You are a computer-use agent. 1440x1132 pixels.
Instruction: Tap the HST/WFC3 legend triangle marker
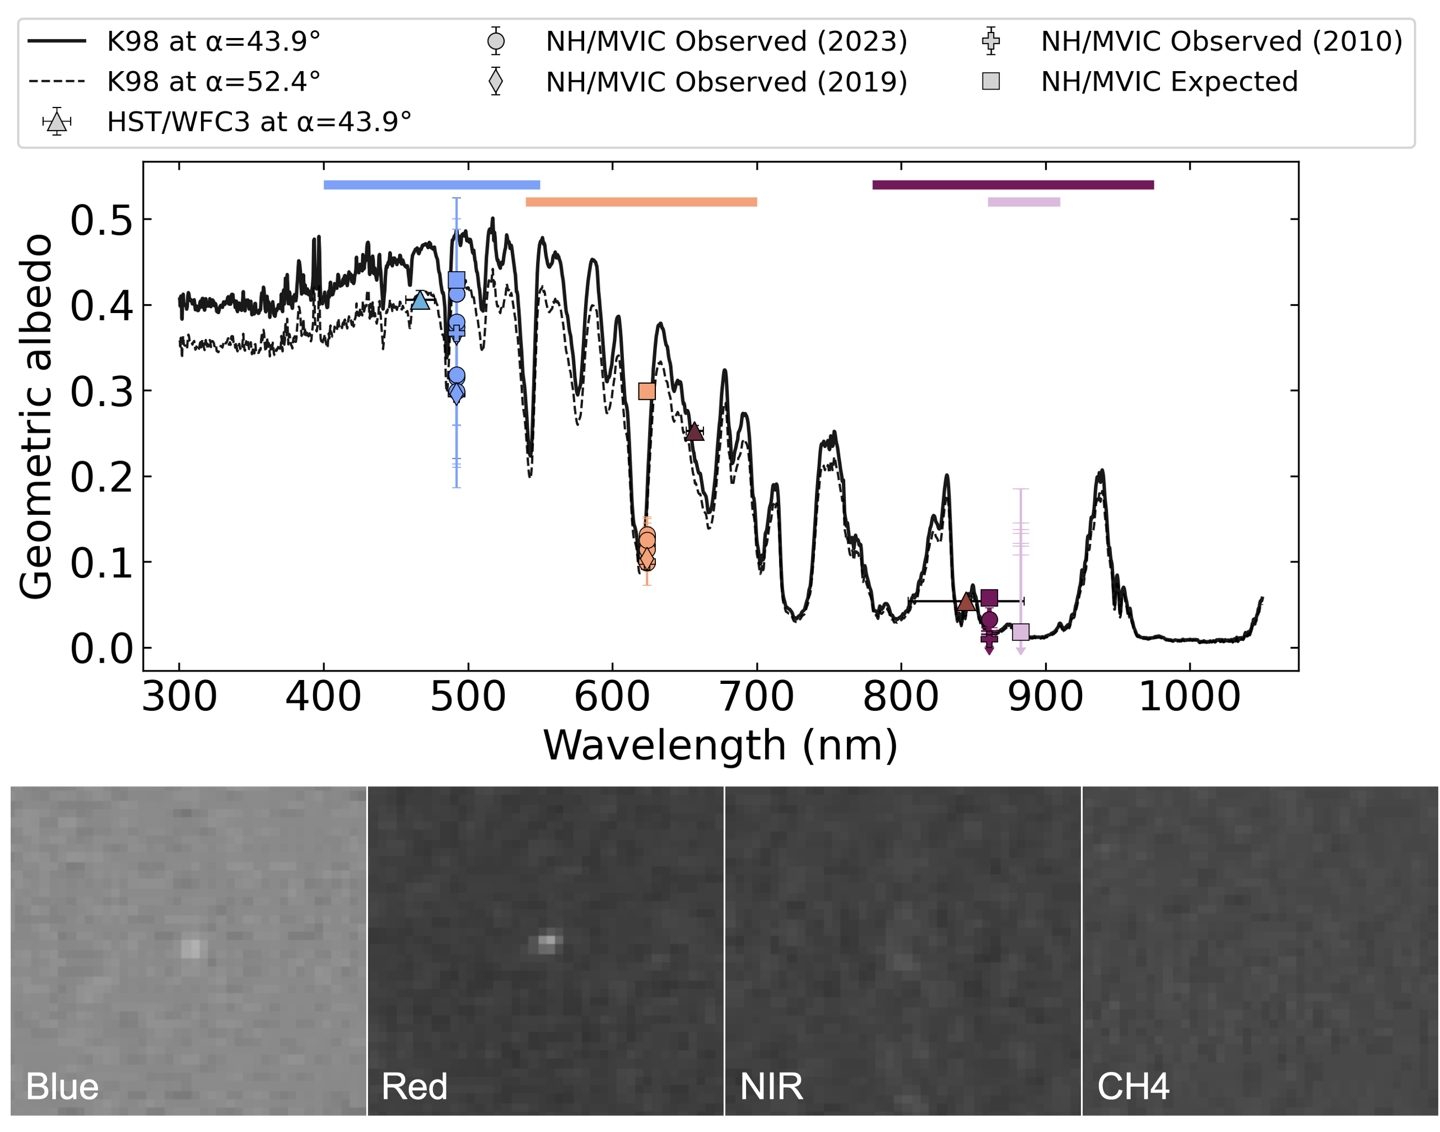57,122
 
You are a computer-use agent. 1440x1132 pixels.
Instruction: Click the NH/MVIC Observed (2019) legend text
726,82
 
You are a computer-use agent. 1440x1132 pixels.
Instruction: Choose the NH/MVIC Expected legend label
1169,82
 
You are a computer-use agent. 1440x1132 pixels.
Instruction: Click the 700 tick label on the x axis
756,697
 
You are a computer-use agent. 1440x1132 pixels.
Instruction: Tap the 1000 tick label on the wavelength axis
1189,697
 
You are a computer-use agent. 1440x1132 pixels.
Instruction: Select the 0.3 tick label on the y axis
101,392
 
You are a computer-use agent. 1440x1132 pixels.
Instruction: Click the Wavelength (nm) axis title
720,745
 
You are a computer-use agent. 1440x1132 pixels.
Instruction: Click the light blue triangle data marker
420,301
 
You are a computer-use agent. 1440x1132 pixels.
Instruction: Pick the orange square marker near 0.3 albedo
647,391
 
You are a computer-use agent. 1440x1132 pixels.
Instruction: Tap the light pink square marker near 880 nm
1020,632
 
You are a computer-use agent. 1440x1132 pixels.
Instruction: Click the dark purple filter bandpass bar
1013,185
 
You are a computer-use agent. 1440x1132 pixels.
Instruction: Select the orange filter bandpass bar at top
641,202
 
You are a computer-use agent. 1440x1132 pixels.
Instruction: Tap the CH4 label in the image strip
1133,1087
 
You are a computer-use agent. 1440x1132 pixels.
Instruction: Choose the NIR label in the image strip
771,1087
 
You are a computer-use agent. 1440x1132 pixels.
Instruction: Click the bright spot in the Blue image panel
191,948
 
